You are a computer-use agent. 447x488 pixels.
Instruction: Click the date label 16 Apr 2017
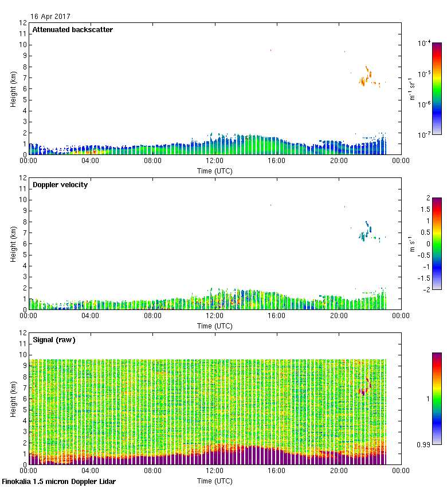point(50,17)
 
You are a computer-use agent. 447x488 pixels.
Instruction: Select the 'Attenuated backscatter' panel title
point(72,30)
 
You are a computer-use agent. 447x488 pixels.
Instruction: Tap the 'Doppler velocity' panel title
point(60,185)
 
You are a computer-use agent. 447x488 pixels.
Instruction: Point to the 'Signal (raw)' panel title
point(54,340)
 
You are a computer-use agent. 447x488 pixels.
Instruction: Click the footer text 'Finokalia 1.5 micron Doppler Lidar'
point(59,482)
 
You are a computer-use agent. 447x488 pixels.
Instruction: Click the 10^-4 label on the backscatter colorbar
point(425,43)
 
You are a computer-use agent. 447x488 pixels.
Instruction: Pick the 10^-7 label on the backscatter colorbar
point(425,135)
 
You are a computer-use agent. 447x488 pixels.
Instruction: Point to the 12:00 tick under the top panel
point(215,161)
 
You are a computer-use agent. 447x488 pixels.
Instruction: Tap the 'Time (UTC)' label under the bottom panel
point(215,481)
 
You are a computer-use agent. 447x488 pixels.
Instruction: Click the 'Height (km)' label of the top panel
point(13,88)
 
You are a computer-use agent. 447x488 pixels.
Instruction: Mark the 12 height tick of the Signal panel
point(23,333)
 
